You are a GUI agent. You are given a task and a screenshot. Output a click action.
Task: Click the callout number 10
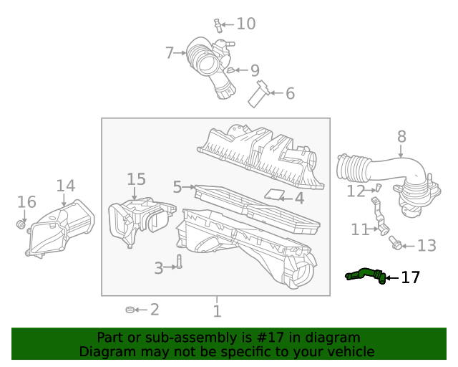(x=245, y=24)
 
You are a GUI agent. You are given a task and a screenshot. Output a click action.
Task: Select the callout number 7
(x=170, y=53)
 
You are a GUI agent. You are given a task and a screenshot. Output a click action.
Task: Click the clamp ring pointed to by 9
(x=230, y=70)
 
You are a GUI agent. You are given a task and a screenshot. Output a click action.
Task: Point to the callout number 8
(x=401, y=136)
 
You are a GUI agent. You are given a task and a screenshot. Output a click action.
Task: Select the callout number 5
(x=177, y=187)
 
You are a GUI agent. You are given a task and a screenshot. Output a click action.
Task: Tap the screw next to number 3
(x=180, y=262)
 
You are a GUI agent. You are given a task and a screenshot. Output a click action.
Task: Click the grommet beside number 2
(x=130, y=310)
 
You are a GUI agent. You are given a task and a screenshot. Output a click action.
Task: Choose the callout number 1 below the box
(x=217, y=311)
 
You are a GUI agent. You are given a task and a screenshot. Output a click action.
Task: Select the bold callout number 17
(x=410, y=277)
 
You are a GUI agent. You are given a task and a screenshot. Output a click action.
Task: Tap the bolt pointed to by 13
(x=396, y=245)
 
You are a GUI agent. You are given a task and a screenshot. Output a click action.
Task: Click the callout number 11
(x=360, y=229)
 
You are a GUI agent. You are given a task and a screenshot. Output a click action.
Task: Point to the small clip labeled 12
(x=379, y=188)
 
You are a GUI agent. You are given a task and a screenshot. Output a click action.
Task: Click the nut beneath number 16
(x=22, y=226)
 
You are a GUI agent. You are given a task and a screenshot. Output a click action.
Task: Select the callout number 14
(x=65, y=186)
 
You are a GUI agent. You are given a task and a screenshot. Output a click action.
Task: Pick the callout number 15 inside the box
(x=136, y=179)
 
